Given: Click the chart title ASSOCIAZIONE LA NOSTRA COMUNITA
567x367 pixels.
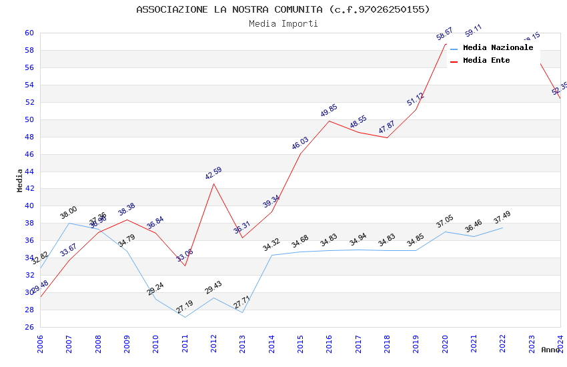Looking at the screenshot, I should tap(283, 9).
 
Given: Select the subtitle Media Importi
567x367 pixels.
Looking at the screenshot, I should tap(283, 23).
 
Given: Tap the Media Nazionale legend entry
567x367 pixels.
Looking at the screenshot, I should tap(498, 47).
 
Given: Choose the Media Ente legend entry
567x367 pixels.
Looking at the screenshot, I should tap(486, 60).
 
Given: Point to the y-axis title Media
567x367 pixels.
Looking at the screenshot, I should tap(19, 180).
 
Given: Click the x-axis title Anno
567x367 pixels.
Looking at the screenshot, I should tap(550, 350).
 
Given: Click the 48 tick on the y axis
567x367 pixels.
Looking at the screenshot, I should tap(29, 137).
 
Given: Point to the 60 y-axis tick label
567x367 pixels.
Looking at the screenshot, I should tap(29, 33).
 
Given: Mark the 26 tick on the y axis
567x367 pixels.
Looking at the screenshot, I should tap(29, 328).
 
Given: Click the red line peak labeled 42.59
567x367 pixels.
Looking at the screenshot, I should tap(213, 183).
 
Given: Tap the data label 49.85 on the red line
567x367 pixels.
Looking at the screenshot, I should tap(328, 111).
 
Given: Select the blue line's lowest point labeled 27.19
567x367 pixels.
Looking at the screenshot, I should tap(184, 317).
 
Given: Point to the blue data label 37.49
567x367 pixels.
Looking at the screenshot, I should tap(502, 219).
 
